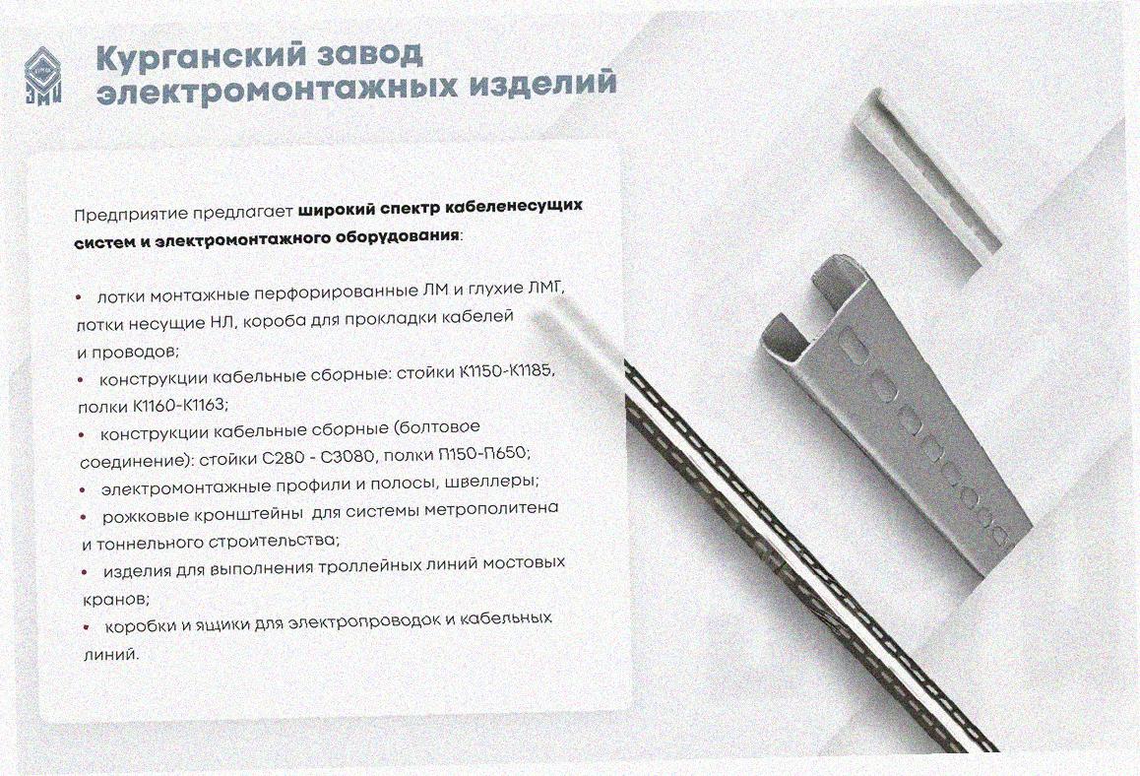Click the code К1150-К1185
click(507, 371)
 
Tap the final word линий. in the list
click(110, 654)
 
